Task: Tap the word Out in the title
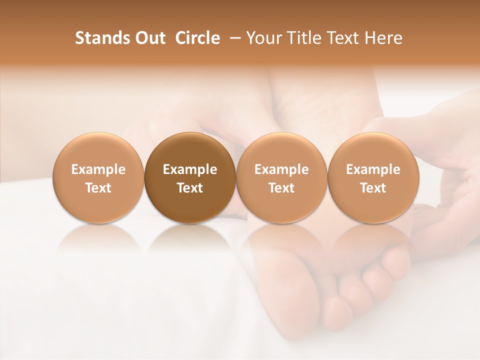coord(149,38)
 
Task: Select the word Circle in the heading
coord(197,38)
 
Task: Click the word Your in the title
coord(262,38)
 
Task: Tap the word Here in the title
coord(384,38)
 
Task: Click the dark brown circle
coord(190,178)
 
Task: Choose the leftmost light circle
coord(98,178)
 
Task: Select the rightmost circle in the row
coord(373,178)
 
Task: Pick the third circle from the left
coord(281,178)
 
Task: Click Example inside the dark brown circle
coord(190,169)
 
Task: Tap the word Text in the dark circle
coord(190,188)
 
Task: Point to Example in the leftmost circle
coord(98,169)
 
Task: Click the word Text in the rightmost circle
coord(373,188)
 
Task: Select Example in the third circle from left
coord(281,169)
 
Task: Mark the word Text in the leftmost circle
coord(98,188)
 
